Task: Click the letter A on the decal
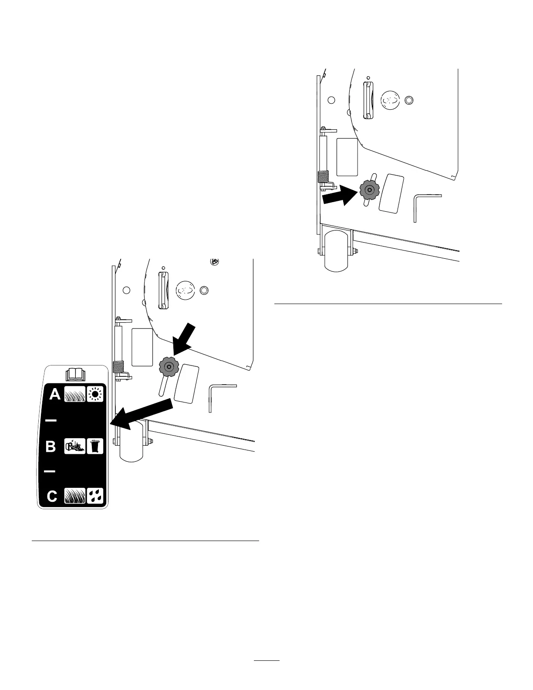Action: coord(55,395)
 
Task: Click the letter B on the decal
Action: coord(51,447)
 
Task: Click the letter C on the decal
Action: coord(52,497)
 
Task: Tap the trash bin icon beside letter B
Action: coord(95,446)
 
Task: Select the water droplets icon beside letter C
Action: coord(95,496)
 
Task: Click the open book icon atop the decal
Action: coord(73,374)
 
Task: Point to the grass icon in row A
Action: coord(74,395)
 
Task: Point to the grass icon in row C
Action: coord(74,496)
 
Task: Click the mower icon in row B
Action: coord(74,446)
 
